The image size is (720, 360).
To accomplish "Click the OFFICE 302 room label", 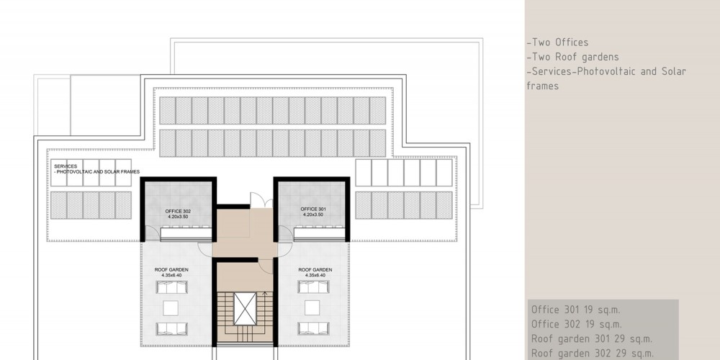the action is click(x=178, y=211).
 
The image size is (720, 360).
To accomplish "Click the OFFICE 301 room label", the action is click(x=313, y=209).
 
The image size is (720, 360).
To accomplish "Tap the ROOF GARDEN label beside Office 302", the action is click(x=171, y=269).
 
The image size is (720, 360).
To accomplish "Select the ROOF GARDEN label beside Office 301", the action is click(x=315, y=269).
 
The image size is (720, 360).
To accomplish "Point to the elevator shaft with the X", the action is click(x=245, y=309).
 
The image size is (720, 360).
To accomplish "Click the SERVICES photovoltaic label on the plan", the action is click(x=97, y=169).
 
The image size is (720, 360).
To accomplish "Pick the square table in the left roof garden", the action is click(x=171, y=308).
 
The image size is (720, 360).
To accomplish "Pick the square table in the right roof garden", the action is click(x=312, y=307).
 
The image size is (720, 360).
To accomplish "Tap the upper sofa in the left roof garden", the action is click(x=172, y=287).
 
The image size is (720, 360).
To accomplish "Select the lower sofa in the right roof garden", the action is click(x=313, y=328).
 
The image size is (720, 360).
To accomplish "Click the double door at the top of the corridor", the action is click(x=261, y=200).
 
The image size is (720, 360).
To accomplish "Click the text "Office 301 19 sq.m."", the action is click(x=576, y=310).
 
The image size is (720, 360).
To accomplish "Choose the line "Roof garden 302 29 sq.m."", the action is click(x=592, y=354).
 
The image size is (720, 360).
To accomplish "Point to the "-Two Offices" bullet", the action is click(x=557, y=42).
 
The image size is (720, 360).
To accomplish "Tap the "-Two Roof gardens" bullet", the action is click(x=572, y=57).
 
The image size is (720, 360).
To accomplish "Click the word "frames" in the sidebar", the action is click(x=543, y=86).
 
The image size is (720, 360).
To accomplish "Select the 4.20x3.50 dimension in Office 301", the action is click(x=313, y=215).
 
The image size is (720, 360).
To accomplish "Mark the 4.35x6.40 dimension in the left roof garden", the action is click(x=171, y=275).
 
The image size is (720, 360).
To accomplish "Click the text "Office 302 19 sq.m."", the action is click(x=576, y=324).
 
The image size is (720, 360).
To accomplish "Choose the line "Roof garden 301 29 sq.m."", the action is click(x=591, y=339).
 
